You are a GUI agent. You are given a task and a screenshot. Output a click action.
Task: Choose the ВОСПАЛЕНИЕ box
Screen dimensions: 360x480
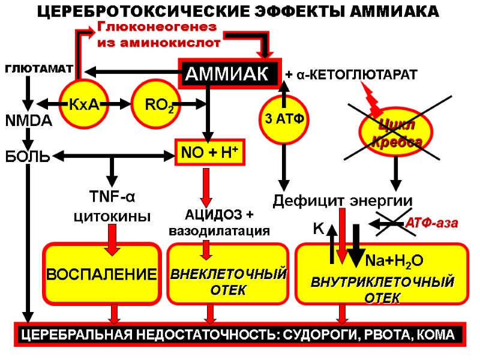[x=101, y=275]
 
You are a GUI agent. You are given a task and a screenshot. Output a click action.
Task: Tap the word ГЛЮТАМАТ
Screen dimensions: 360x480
[x=39, y=70]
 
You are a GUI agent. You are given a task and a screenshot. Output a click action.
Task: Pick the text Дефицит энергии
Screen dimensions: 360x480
[x=343, y=200]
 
